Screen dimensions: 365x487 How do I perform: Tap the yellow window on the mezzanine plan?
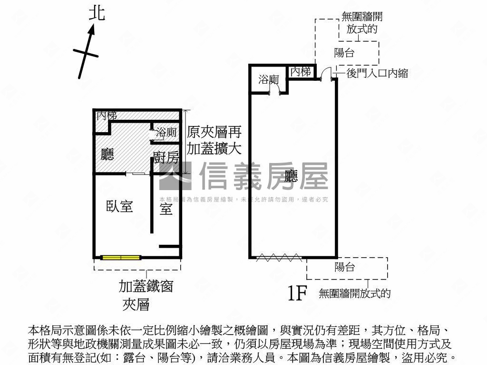(121, 258)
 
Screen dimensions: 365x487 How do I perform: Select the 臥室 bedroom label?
(119, 206)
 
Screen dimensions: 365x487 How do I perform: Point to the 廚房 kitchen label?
(166, 158)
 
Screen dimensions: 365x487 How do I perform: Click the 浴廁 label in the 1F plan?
(269, 80)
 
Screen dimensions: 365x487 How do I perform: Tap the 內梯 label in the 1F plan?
(301, 72)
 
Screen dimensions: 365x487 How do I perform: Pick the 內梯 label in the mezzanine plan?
(107, 115)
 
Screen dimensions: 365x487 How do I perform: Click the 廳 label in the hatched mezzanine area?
(107, 154)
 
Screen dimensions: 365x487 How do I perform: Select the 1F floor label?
(296, 294)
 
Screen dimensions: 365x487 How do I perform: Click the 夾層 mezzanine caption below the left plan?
(136, 304)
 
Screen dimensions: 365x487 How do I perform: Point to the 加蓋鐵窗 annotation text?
(146, 287)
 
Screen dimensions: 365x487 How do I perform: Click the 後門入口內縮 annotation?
(377, 73)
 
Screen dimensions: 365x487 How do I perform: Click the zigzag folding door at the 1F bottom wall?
(279, 258)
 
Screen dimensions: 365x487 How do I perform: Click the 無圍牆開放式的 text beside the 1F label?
(355, 294)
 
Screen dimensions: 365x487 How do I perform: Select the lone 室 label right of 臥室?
(166, 208)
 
